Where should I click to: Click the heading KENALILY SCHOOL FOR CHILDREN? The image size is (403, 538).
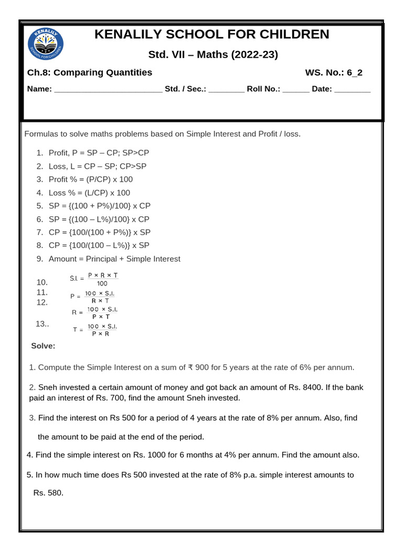[x=212, y=35]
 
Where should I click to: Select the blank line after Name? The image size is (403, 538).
[x=108, y=90]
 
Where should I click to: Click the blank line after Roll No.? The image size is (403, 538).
[x=296, y=90]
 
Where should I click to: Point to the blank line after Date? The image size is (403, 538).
[x=352, y=90]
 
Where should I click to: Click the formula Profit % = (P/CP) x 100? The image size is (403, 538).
[x=91, y=179]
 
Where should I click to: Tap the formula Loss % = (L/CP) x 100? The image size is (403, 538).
[x=89, y=193]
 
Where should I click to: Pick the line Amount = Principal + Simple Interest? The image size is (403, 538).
[x=114, y=258]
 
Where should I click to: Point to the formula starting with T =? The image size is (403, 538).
[x=95, y=330]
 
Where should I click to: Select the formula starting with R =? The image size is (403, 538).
[x=95, y=313]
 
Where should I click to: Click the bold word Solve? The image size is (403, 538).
[x=43, y=346]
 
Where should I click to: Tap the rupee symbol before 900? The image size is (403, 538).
[x=190, y=367]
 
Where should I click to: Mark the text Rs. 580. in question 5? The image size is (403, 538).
[x=48, y=493]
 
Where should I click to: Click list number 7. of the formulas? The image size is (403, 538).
[x=40, y=232]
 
